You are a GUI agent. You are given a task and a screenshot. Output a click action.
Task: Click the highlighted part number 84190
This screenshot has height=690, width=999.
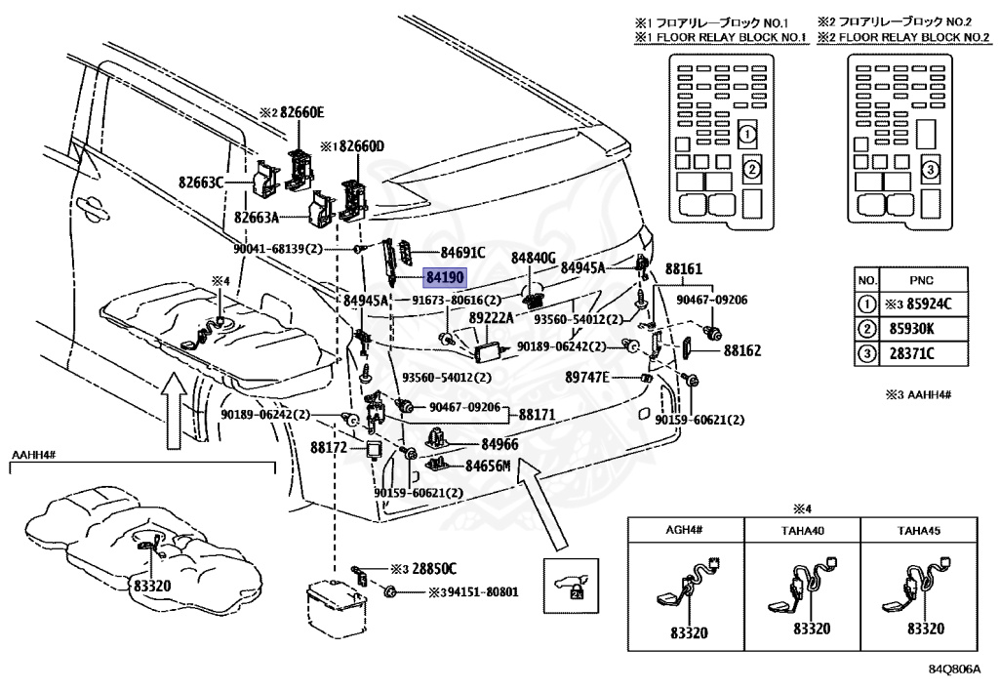445,278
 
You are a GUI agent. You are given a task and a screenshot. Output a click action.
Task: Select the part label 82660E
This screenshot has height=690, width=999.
302,113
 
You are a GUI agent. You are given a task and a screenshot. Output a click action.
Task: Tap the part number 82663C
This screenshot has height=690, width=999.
201,183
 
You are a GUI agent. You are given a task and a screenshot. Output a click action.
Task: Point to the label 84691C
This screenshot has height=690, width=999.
462,253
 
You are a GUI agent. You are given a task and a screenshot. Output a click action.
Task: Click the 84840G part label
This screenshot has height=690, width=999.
534,258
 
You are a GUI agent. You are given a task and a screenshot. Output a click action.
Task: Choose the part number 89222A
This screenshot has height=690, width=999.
492,317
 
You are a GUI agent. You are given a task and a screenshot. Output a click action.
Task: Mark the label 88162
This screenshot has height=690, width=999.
742,350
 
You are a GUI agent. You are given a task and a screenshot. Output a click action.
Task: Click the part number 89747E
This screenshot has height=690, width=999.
587,378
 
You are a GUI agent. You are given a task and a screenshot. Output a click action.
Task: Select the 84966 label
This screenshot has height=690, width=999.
500,444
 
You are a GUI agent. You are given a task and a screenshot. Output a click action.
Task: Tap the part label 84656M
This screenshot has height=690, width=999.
488,467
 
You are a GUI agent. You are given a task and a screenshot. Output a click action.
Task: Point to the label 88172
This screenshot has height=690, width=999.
329,447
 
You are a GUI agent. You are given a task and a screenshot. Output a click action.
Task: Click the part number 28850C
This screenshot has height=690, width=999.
434,569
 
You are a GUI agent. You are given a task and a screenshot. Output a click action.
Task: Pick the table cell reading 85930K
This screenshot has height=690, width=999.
912,329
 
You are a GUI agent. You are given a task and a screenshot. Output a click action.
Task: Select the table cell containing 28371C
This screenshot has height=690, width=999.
912,353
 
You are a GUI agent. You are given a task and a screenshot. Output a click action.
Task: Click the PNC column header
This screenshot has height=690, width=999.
921,280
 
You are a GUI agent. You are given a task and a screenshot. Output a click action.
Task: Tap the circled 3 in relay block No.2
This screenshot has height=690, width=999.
930,170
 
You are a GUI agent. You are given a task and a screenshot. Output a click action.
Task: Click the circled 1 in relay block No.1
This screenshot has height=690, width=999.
747,135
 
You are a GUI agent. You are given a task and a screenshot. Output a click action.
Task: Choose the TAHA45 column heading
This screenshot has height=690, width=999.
919,530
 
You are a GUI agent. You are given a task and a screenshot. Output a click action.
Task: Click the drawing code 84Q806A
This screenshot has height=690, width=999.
954,670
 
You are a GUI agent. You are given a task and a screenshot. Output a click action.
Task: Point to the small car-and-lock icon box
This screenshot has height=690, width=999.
571,587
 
